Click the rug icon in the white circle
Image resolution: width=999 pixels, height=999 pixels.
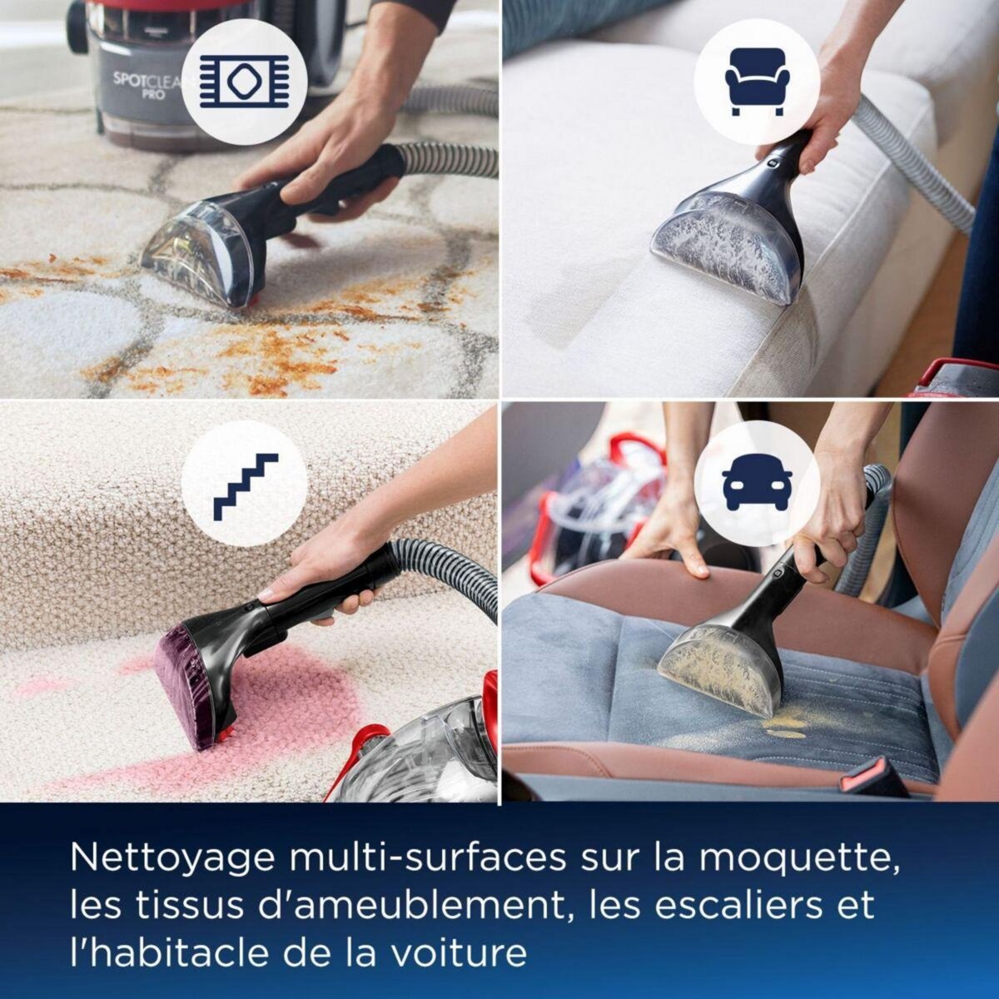click(x=244, y=82)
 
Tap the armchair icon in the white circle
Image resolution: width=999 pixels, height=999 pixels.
click(x=756, y=82)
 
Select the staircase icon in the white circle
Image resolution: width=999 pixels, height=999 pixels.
click(x=244, y=485)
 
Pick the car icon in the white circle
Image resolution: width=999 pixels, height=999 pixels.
click(x=757, y=485)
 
